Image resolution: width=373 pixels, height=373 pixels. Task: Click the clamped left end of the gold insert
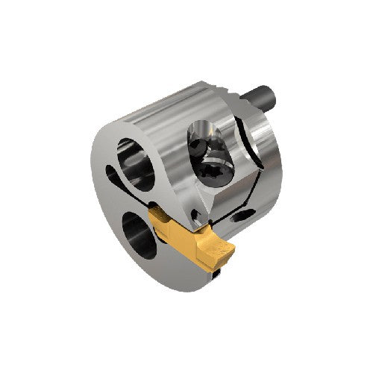(x=160, y=219)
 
